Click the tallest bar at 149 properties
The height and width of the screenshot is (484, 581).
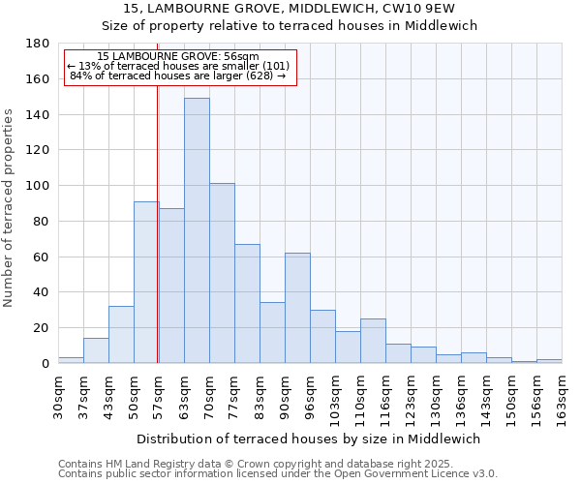click(197, 230)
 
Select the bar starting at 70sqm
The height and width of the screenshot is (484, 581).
click(222, 273)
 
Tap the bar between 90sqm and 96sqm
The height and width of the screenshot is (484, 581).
click(297, 308)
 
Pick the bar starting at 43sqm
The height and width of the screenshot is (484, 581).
click(121, 335)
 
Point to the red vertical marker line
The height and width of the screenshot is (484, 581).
click(157, 223)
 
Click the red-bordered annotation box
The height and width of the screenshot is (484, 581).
click(179, 67)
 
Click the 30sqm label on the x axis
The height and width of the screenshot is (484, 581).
click(58, 395)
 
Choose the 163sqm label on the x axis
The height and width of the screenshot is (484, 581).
click(562, 395)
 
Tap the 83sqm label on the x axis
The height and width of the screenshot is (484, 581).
click(260, 395)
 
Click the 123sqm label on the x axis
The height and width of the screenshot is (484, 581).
click(411, 395)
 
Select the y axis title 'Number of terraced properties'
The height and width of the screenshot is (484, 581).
click(10, 208)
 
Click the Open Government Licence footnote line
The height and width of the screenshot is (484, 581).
click(278, 474)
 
